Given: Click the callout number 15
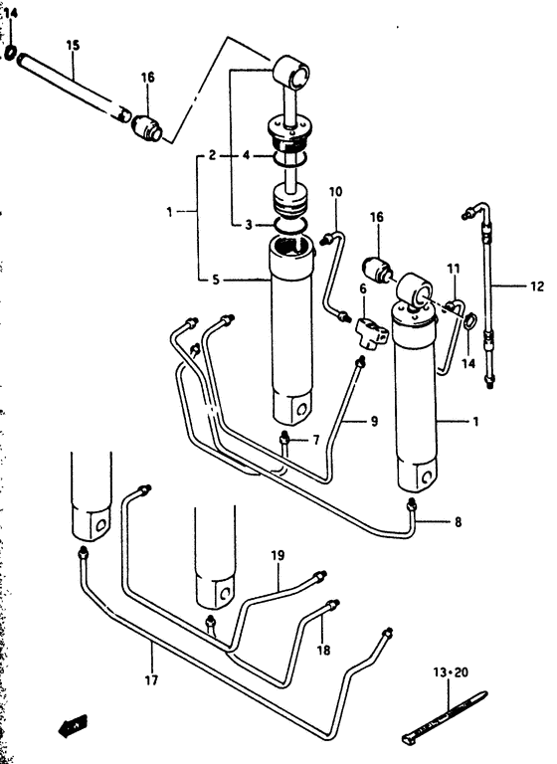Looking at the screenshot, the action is pyautogui.click(x=73, y=46).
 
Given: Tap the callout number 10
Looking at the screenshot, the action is pyautogui.click(x=335, y=191).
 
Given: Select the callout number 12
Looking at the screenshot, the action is pyautogui.click(x=536, y=286).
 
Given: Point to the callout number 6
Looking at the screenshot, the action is pyautogui.click(x=363, y=288).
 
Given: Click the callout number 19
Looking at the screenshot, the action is pyautogui.click(x=278, y=555).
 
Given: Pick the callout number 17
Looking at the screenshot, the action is pyautogui.click(x=151, y=679).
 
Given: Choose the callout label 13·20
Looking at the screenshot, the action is pyautogui.click(x=451, y=672).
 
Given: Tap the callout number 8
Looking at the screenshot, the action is pyautogui.click(x=458, y=522).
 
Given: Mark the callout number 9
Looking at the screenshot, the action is pyautogui.click(x=374, y=421).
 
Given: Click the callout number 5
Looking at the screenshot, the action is pyautogui.click(x=216, y=281).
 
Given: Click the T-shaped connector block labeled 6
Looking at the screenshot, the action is pyautogui.click(x=372, y=332).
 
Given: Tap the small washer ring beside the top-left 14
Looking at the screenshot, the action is pyautogui.click(x=10, y=52).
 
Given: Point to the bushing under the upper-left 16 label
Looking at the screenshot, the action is pyautogui.click(x=147, y=127).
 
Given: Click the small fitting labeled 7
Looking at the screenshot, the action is pyautogui.click(x=285, y=440).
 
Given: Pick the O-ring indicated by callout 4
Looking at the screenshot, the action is pyautogui.click(x=290, y=157).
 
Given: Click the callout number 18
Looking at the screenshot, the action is pyautogui.click(x=323, y=650).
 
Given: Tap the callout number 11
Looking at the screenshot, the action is pyautogui.click(x=454, y=269).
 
